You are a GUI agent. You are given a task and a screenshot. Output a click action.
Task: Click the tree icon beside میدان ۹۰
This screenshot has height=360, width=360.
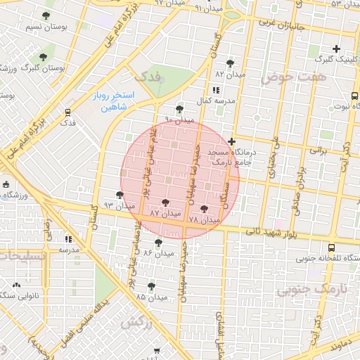tap(180, 109)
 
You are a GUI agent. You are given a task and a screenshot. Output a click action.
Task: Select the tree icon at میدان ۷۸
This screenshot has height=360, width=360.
tap(204, 209)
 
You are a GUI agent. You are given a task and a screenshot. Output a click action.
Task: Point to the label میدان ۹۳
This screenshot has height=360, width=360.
tap(118, 206)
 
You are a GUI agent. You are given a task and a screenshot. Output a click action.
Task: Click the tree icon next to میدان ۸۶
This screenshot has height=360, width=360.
tap(157, 242)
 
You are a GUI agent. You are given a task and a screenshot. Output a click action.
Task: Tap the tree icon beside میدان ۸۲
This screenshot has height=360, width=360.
tap(230, 63)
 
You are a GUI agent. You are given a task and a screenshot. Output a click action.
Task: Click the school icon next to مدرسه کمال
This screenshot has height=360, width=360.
tap(215, 90)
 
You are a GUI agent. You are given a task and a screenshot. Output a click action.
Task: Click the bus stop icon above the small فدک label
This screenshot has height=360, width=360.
tap(67, 112)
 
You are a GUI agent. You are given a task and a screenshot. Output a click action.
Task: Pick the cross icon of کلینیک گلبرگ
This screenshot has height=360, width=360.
tap(336, 49)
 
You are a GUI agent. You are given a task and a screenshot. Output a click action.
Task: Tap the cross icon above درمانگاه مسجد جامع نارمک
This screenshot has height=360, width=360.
tap(232, 141)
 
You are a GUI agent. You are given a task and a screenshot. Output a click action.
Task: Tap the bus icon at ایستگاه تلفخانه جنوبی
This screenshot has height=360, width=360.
tap(332, 247)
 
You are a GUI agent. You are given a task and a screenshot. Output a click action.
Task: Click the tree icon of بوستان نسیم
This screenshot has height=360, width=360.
tap(46, 15)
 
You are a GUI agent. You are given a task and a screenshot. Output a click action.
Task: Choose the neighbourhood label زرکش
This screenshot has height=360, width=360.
tap(136, 322)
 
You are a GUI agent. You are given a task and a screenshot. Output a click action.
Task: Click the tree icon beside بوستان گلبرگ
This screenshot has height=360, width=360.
tap(43, 56)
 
